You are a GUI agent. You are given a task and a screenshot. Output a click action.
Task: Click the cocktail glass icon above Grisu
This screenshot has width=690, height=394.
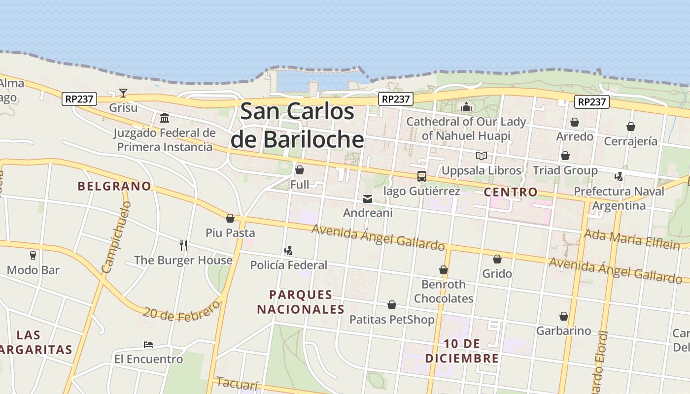[123, 93]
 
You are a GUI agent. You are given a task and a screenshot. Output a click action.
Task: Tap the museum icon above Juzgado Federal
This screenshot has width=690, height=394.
[165, 118]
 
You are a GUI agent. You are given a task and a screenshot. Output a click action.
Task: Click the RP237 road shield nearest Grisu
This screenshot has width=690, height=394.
[79, 99]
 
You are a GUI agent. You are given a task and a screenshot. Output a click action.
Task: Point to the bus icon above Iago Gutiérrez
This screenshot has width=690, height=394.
[421, 176]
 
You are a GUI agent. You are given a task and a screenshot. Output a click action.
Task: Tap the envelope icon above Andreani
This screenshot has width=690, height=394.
[368, 199]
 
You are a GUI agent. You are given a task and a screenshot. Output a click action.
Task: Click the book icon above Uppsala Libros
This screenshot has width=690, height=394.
[481, 156]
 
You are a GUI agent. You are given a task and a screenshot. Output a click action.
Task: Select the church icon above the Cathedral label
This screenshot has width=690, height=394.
[466, 107]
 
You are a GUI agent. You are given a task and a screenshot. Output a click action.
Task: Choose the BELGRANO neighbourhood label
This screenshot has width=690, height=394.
[114, 186]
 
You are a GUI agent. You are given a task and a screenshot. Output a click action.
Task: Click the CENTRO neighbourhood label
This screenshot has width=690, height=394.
[510, 192]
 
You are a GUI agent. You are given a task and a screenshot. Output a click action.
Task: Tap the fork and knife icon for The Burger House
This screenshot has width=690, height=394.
[183, 245]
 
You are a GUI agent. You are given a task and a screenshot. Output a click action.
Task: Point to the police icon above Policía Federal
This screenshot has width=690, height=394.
[288, 251]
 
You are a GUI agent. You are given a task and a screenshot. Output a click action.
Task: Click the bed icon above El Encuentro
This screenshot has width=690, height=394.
[148, 344]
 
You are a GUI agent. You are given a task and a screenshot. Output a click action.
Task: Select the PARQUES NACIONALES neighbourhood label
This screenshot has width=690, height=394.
[301, 302]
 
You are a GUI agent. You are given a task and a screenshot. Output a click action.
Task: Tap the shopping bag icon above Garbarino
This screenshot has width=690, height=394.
[563, 316]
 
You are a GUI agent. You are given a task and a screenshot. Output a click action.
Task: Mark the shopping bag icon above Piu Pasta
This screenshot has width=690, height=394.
[230, 218]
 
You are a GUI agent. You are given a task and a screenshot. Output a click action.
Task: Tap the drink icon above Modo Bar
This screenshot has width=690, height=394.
[33, 255]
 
